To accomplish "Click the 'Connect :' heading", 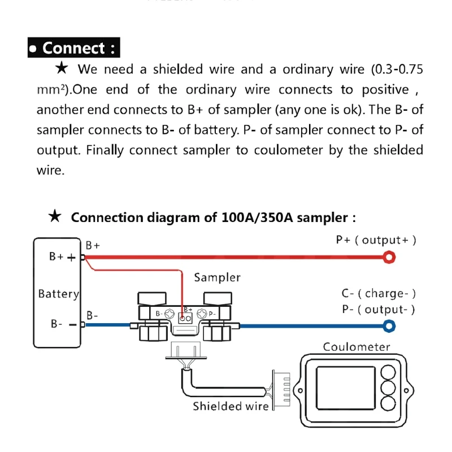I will coord(73,48).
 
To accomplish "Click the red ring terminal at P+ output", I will coord(389,258).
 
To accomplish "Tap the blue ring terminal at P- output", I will coord(389,325).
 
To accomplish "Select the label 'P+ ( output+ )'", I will coord(376,240).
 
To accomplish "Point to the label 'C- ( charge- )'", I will coord(379,293).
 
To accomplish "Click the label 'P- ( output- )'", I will coord(379,309).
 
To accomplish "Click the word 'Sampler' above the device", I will coord(217,277).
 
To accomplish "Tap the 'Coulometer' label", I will coord(356,346).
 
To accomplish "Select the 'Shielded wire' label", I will coord(231,406).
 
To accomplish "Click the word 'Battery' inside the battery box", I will coord(58,294).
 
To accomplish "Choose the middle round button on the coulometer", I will coord(388,388).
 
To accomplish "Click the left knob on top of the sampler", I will coord(152,299).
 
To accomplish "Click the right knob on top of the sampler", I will coord(216,299).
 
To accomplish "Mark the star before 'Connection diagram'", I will coord(55,217).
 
